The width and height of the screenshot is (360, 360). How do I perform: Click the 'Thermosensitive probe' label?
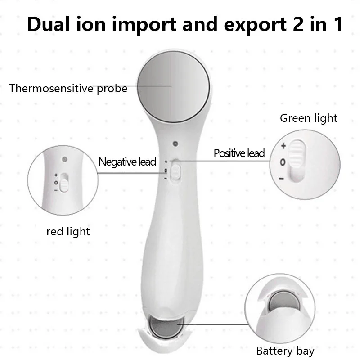point(68,88)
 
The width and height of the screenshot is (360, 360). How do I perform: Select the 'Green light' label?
point(308,118)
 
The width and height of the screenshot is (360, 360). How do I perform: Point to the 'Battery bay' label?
point(285,351)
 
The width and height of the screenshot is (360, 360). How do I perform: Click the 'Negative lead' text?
point(127,162)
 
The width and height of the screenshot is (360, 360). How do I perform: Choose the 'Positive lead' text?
point(239,153)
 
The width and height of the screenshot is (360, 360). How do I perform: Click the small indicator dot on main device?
point(175,144)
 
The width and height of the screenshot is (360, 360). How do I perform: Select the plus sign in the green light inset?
point(283,146)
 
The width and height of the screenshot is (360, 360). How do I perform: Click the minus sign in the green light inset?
point(281,179)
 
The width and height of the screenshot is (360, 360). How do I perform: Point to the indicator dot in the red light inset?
point(65,159)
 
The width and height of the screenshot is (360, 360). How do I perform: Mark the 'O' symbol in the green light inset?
point(283,162)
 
